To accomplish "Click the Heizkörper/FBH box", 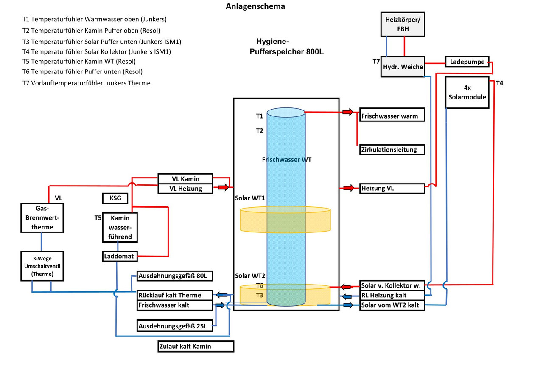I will click(403, 25).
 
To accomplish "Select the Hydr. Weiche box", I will click(403, 67).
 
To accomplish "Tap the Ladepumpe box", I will click(467, 62).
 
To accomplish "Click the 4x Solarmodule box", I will click(467, 93).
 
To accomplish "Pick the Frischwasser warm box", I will click(392, 115).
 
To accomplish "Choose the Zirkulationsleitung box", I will click(392, 150).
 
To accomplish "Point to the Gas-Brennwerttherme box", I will click(42, 217).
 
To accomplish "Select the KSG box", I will click(115, 198).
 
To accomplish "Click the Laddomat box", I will click(120, 256).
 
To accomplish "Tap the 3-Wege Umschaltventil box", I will click(42, 266).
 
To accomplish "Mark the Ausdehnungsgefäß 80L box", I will click(174, 276).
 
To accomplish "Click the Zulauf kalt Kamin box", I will click(196, 346).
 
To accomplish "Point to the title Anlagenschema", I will click(255, 6).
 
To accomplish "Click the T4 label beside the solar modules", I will click(500, 83).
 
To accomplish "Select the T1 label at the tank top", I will click(260, 116).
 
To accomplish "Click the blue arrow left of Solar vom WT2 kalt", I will click(348, 305).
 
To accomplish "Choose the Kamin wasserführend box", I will click(120, 227).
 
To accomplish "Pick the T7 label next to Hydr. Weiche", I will click(376, 62).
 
